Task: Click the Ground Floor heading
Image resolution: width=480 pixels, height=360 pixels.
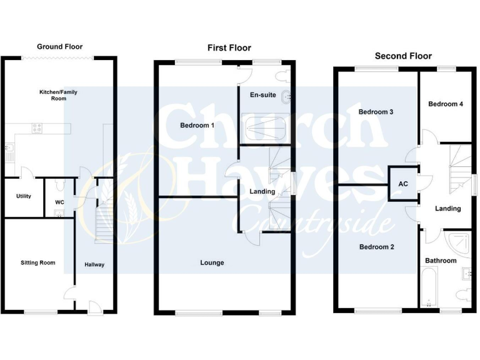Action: tap(59, 46)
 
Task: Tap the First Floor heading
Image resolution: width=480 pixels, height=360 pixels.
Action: tap(229, 47)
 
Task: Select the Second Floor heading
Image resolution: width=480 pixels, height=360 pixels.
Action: tap(403, 56)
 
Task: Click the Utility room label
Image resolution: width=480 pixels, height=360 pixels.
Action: tap(24, 196)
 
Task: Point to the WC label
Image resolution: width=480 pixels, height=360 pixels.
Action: tap(59, 202)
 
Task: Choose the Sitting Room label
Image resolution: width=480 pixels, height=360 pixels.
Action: tap(37, 262)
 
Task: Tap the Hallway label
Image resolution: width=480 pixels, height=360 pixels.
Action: tap(94, 264)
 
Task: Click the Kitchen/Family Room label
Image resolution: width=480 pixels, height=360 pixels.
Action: tap(58, 95)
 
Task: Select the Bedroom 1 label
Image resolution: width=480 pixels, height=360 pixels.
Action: tap(197, 126)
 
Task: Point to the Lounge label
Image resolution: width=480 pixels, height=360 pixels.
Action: tap(212, 262)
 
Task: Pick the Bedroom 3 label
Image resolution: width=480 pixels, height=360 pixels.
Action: tap(376, 112)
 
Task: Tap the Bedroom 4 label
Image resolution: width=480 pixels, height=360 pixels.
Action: tap(446, 104)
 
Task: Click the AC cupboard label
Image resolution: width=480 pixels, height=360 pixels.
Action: tap(403, 184)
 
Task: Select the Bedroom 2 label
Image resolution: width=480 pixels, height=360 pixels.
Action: tap(377, 246)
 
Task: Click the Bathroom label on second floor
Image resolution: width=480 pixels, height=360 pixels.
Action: tap(441, 261)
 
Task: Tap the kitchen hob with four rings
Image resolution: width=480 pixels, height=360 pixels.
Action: tap(37, 129)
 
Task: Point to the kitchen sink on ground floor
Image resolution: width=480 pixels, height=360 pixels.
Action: tap(10, 151)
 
